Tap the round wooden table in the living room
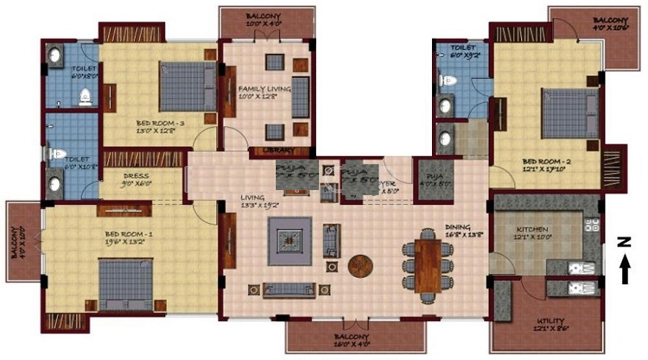click(360, 265)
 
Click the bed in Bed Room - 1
click(125, 284)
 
